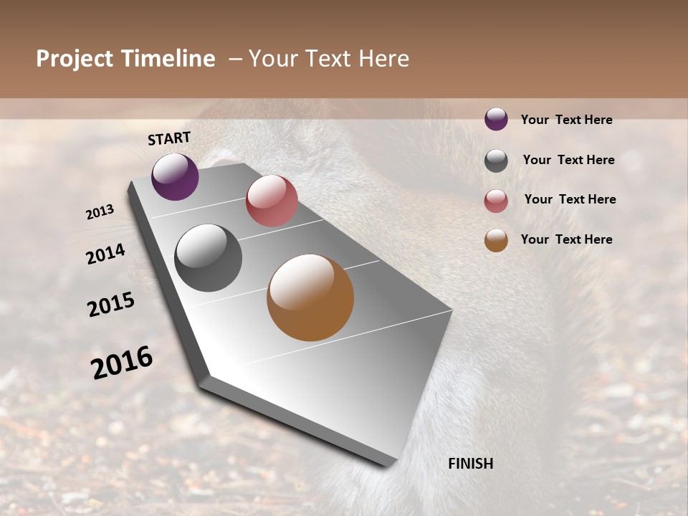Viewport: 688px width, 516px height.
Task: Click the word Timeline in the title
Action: tap(169, 59)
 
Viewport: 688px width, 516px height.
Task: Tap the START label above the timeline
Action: tap(169, 138)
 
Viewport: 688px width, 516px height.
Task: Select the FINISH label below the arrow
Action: tap(470, 464)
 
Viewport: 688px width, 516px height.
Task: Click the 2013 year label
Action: tap(100, 212)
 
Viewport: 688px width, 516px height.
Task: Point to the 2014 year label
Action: tap(105, 254)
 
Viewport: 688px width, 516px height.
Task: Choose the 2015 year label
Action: tap(111, 305)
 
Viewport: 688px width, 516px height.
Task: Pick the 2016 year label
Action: tap(122, 363)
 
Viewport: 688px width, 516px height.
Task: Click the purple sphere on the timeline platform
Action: tap(175, 176)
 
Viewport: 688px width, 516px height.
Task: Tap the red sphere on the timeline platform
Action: tap(272, 201)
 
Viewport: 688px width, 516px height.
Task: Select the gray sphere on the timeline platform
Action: tap(208, 258)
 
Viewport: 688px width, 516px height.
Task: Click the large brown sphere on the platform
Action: tap(310, 297)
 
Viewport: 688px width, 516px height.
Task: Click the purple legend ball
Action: tap(496, 119)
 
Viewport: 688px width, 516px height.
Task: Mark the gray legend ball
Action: tap(496, 161)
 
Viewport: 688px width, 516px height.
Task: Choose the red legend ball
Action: tap(496, 201)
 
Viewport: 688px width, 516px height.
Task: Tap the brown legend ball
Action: tap(496, 240)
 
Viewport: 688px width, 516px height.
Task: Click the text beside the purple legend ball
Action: tap(566, 120)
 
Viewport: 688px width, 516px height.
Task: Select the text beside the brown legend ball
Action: tap(566, 239)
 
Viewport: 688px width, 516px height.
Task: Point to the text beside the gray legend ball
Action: tap(568, 160)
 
